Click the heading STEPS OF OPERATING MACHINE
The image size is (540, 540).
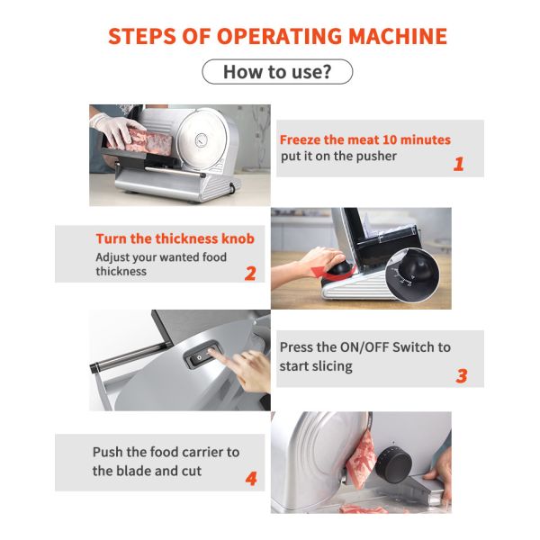[x=277, y=36]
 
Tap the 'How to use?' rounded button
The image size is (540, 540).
[x=276, y=72]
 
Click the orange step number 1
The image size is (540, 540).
[x=458, y=164]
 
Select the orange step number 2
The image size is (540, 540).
[x=250, y=273]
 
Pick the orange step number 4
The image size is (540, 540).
[x=250, y=479]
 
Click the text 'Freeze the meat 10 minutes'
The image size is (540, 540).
[x=364, y=139]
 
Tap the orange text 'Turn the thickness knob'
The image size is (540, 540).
[x=175, y=238]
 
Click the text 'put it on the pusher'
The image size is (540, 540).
[x=337, y=156]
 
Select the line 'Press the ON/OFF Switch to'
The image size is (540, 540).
[x=364, y=346]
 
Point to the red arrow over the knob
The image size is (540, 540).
[x=314, y=261]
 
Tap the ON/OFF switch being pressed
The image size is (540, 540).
[x=200, y=358]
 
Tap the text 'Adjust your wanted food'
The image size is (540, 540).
[x=161, y=256]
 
